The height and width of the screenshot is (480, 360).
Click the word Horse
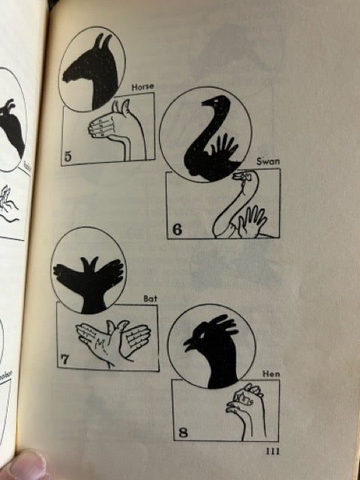click(x=142, y=87)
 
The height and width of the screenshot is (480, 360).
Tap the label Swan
click(x=268, y=161)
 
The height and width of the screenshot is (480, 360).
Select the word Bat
click(x=150, y=298)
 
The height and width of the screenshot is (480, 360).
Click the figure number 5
click(x=67, y=157)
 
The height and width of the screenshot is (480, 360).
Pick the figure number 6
click(x=177, y=229)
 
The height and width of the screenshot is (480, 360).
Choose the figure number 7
click(x=64, y=359)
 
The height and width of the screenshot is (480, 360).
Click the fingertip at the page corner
click(x=22, y=465)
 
